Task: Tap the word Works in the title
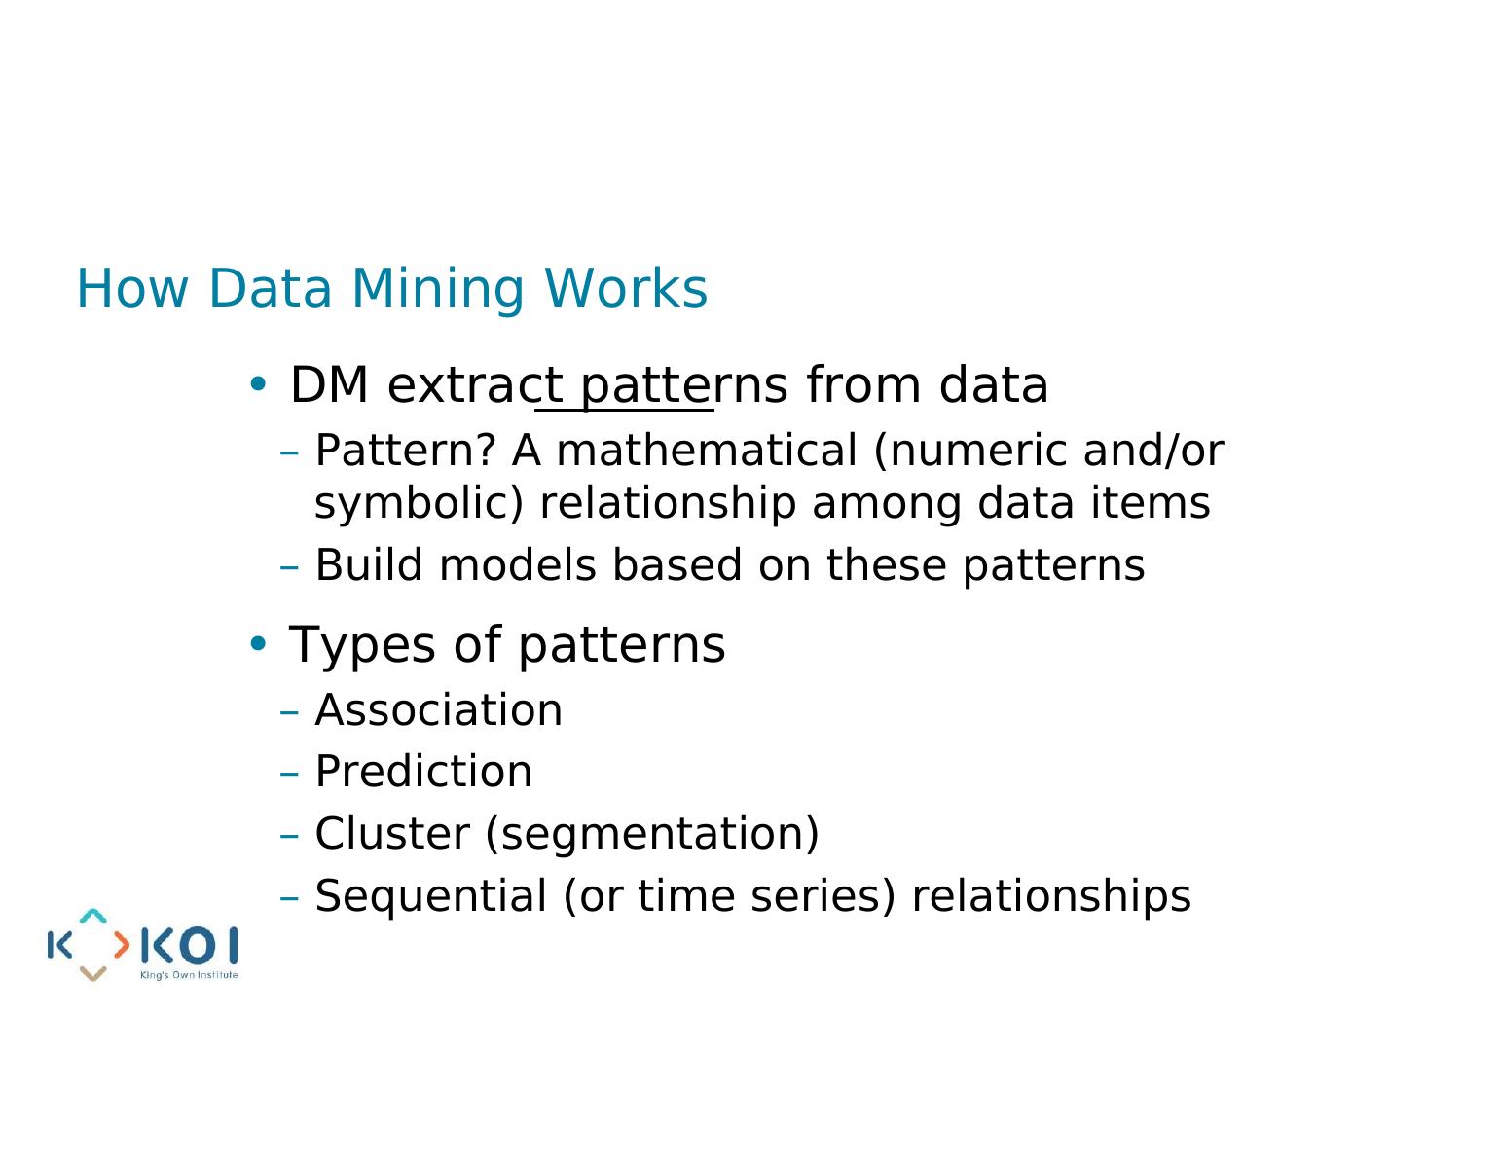[626, 288]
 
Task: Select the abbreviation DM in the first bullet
[329, 384]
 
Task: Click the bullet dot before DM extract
[257, 383]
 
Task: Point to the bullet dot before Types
[257, 643]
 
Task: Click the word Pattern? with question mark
[406, 451]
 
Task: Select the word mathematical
[707, 451]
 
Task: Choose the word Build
[369, 564]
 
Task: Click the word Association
[439, 709]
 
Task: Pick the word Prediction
[423, 771]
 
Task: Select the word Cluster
[392, 833]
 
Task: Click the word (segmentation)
[652, 835]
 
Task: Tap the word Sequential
[431, 896]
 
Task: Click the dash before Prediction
[289, 775]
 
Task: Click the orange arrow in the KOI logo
[122, 945]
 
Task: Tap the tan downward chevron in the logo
[92, 973]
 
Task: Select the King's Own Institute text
[188, 974]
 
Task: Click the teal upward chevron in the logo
[92, 916]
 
